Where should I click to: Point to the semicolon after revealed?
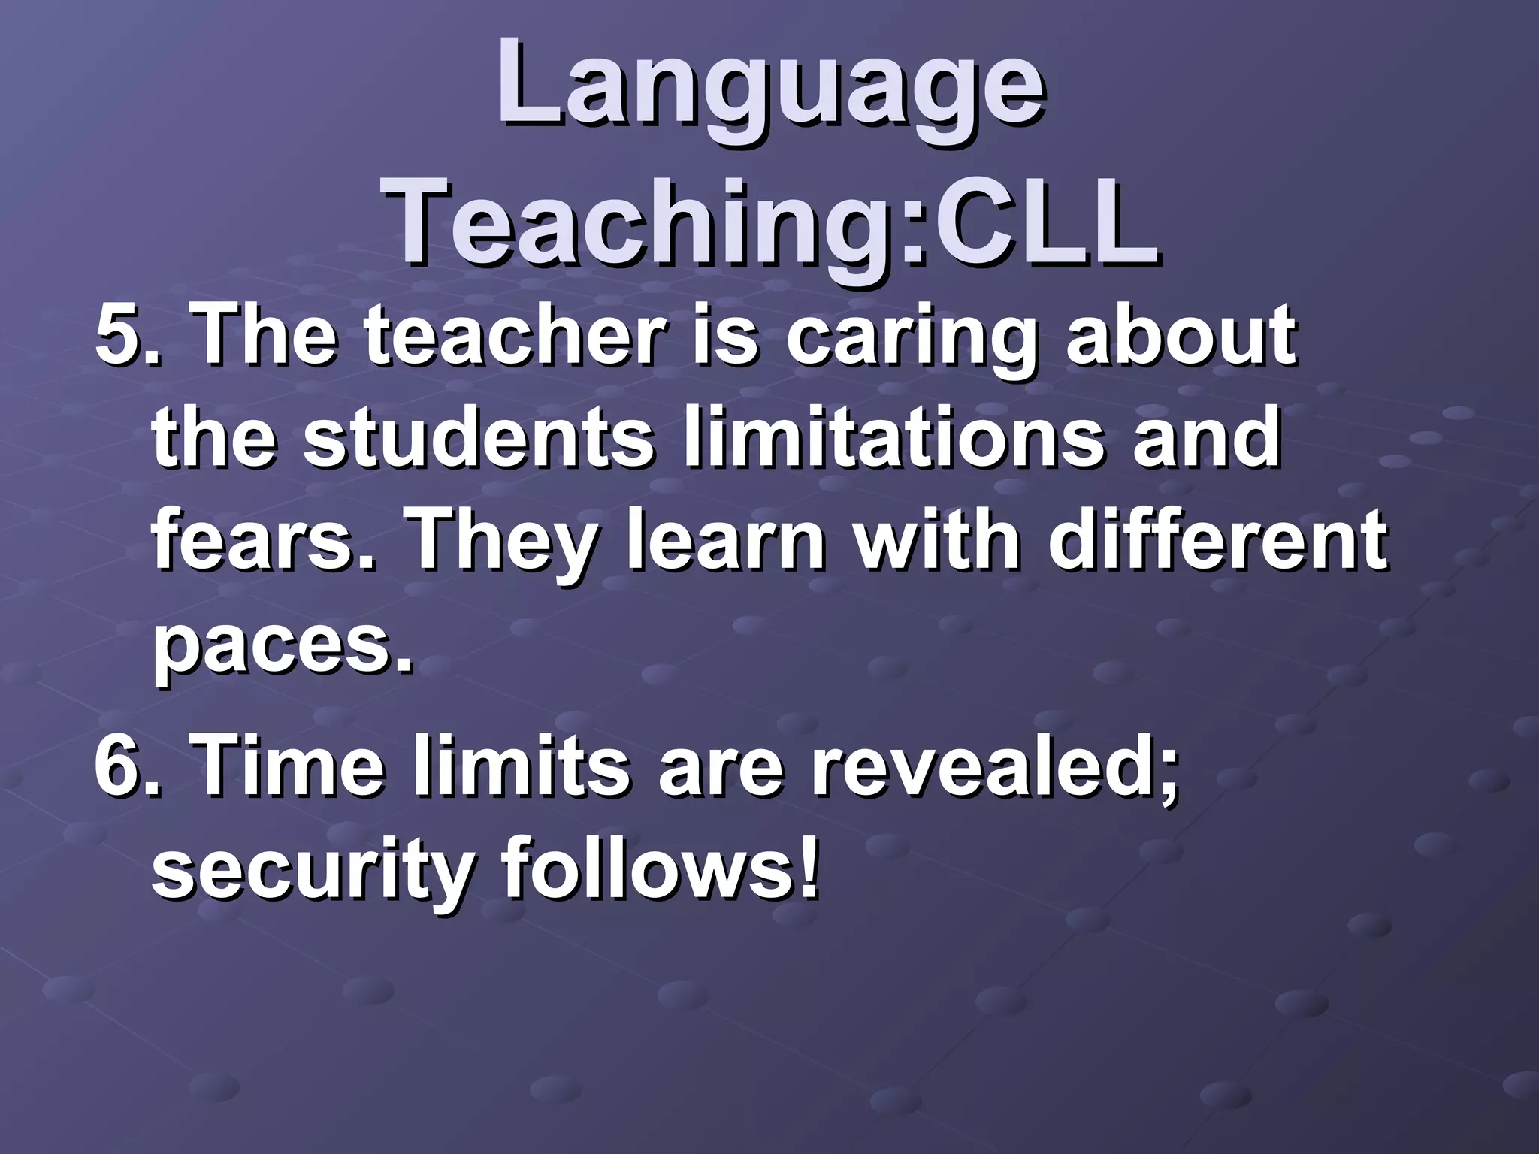coord(1166,778)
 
